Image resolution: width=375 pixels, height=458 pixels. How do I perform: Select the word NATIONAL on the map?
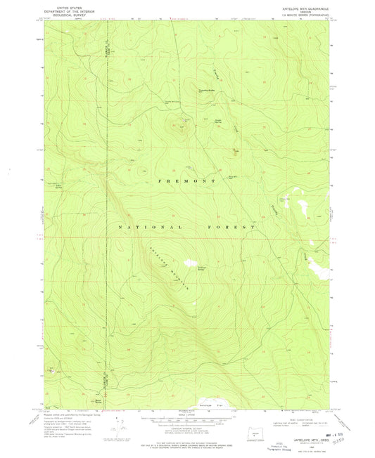(146, 228)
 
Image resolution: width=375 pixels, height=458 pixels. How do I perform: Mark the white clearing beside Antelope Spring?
(190, 263)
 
